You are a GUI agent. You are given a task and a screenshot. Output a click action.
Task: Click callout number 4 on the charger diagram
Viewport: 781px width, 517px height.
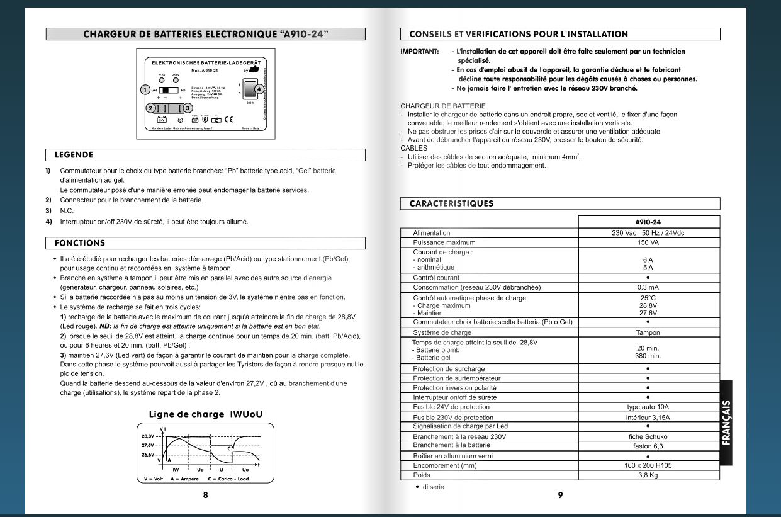point(258,89)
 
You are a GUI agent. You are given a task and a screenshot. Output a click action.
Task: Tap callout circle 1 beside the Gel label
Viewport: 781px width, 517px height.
point(145,90)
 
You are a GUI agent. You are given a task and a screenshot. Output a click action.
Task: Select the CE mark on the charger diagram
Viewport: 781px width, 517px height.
point(229,119)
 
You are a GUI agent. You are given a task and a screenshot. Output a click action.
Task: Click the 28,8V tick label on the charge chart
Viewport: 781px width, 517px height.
point(148,436)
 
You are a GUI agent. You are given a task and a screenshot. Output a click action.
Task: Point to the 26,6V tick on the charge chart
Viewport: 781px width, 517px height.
point(148,454)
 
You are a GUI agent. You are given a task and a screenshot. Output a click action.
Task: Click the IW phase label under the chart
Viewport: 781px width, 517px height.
point(176,470)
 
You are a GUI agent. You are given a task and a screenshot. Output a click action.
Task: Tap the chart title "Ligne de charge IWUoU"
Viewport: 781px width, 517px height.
point(205,414)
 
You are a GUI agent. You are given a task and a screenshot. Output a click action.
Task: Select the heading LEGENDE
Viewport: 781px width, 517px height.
point(74,155)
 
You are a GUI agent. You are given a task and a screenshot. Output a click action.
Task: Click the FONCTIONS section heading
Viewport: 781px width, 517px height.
point(80,243)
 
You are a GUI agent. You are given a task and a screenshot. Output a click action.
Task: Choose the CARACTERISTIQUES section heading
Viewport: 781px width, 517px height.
point(451,203)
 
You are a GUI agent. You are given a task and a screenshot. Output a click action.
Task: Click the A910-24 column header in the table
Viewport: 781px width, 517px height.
point(648,222)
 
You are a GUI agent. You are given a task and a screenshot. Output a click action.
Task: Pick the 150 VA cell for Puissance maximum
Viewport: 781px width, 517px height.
point(648,242)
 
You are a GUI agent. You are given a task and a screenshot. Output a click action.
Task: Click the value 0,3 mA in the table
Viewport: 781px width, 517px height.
point(648,287)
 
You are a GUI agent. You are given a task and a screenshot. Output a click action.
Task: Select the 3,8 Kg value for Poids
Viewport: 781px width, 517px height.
point(648,475)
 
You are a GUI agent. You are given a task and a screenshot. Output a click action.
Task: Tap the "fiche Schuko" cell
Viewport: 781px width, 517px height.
point(648,436)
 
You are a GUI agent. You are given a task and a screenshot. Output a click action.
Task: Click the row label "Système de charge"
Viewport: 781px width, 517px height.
point(442,332)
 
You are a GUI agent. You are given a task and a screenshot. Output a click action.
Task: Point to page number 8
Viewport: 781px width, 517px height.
point(205,495)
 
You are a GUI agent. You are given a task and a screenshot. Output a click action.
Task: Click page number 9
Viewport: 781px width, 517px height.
point(560,495)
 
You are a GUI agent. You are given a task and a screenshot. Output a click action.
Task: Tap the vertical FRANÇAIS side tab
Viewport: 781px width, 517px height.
point(726,423)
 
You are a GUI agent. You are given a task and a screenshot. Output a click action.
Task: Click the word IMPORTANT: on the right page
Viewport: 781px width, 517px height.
point(419,52)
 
